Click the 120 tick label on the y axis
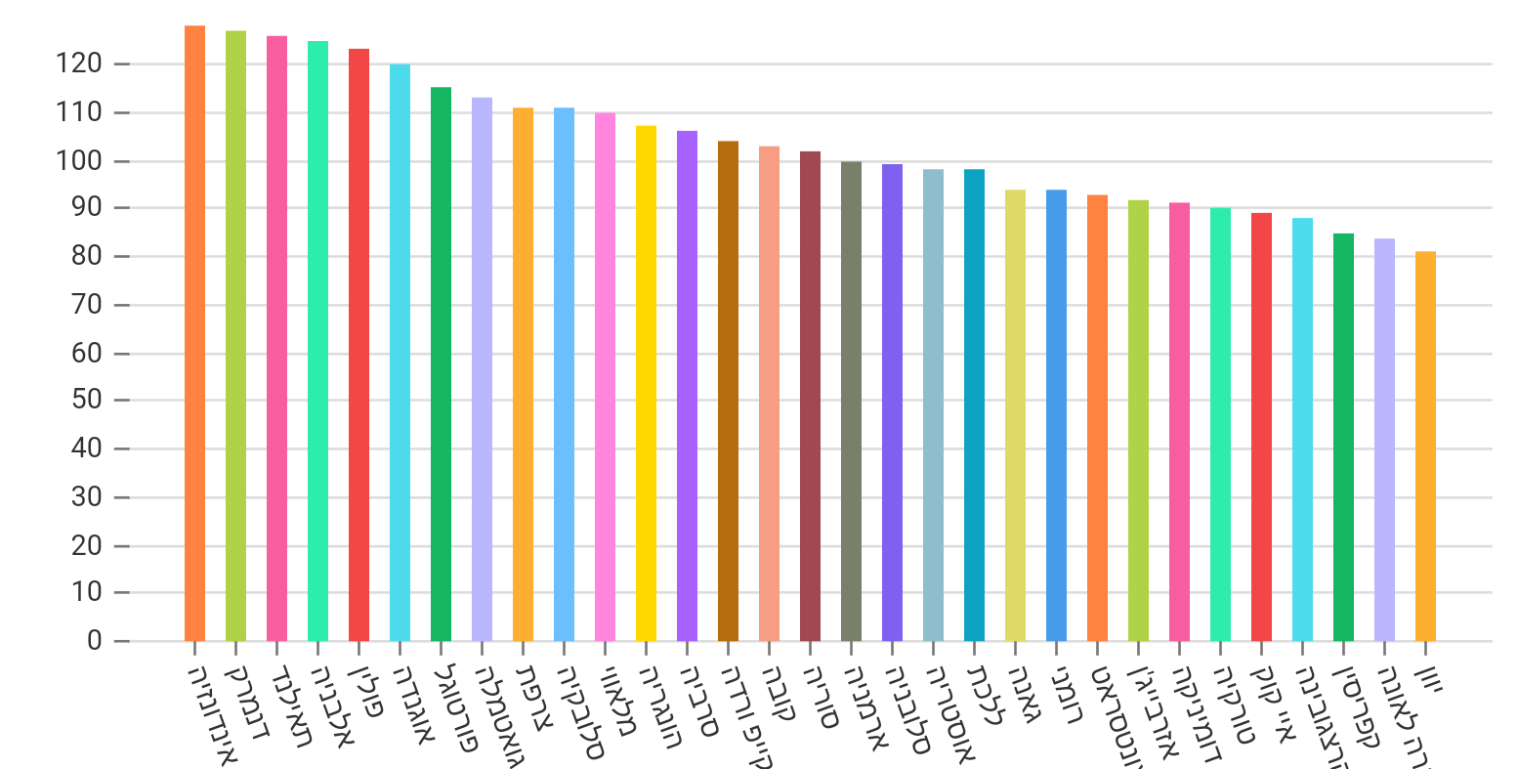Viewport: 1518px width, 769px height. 79,64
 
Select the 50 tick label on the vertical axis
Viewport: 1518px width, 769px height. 86,401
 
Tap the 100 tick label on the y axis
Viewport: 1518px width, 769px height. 79,161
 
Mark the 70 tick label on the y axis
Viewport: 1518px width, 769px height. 86,305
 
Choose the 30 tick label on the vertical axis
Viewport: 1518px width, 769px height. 86,497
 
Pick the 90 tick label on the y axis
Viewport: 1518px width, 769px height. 86,208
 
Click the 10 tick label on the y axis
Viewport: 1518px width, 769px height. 86,593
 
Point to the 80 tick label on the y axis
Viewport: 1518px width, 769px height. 86,257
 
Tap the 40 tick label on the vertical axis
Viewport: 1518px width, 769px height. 86,449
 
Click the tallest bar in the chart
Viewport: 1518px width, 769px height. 194,333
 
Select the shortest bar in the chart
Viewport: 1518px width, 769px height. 1425,447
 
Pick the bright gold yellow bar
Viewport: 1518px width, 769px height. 646,383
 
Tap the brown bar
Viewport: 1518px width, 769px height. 728,391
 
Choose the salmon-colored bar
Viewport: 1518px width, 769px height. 769,394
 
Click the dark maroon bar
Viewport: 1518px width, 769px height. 810,396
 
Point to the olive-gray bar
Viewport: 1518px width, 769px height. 851,402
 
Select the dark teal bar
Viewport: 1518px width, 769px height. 974,406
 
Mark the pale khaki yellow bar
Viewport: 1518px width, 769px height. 1015,415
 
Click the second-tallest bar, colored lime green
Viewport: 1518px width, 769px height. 235,336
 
